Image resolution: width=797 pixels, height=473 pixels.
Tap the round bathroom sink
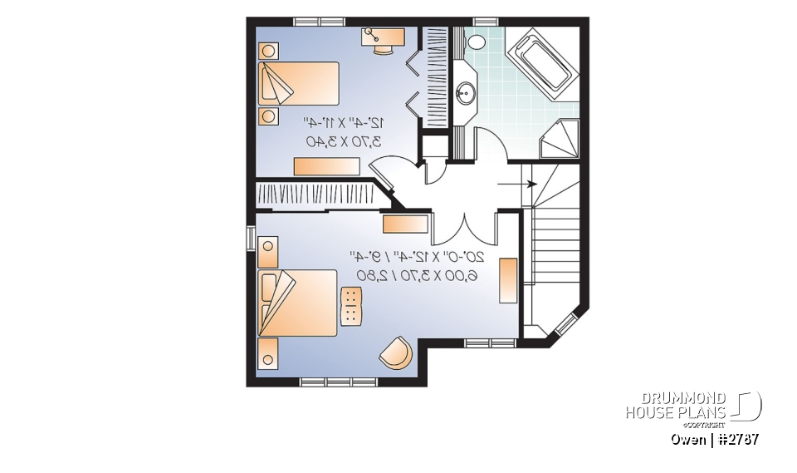pyautogui.click(x=466, y=91)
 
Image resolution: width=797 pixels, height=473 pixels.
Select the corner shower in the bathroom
pyautogui.click(x=561, y=140)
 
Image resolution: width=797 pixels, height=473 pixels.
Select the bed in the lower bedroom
pyautogui.click(x=296, y=302)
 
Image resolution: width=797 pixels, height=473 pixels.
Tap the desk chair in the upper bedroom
pyautogui.click(x=384, y=48)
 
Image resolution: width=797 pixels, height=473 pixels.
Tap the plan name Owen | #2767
pyautogui.click(x=715, y=439)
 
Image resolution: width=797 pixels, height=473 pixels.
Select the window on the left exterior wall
pyautogui.click(x=251, y=238)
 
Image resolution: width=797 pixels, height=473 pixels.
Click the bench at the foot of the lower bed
pyautogui.click(x=352, y=305)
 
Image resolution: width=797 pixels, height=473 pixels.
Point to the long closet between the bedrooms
pyautogui.click(x=320, y=193)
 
